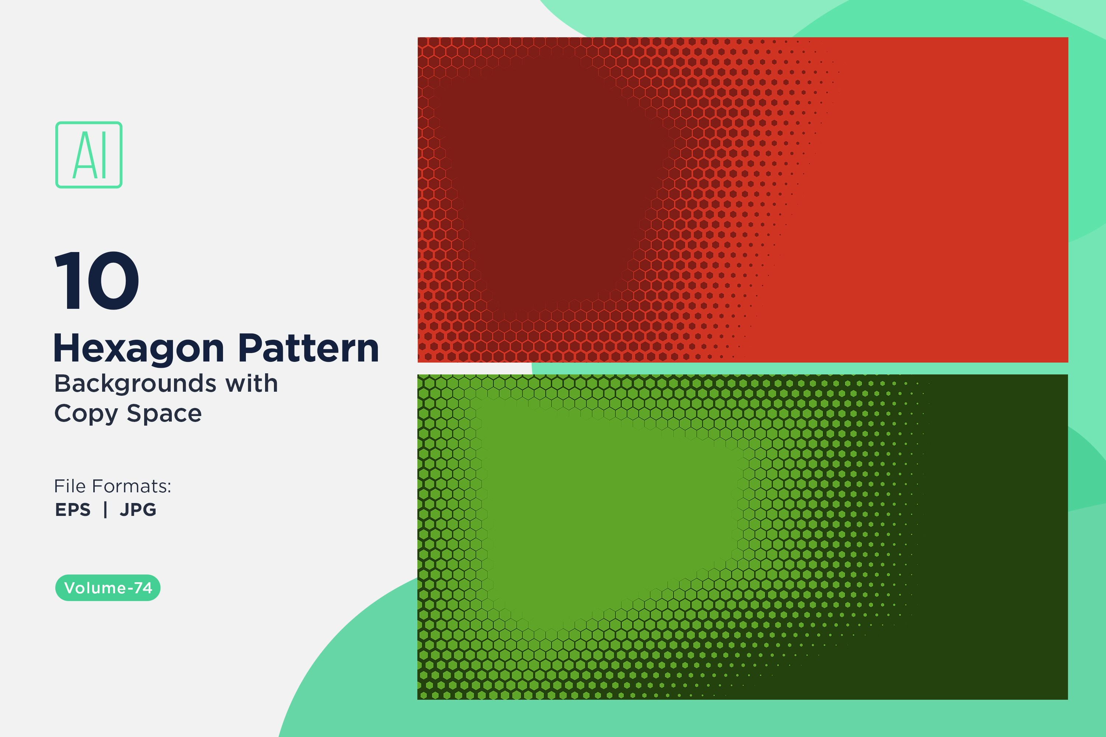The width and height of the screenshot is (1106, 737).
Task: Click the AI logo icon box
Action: (x=89, y=155)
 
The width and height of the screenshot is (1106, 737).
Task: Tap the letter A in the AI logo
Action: (x=84, y=155)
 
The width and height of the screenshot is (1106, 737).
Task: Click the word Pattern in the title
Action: (x=309, y=348)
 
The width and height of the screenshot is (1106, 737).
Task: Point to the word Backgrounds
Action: (x=135, y=384)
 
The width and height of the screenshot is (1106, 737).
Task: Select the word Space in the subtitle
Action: (x=164, y=414)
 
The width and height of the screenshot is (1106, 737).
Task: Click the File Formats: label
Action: (x=113, y=486)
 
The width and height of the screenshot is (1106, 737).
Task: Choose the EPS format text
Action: (x=73, y=510)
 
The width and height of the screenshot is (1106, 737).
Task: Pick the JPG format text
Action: (x=138, y=510)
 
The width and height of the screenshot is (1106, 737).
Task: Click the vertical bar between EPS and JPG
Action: (x=105, y=510)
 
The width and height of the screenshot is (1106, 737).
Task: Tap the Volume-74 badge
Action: (x=108, y=587)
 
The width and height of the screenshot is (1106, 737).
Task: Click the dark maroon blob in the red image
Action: (x=550, y=179)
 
